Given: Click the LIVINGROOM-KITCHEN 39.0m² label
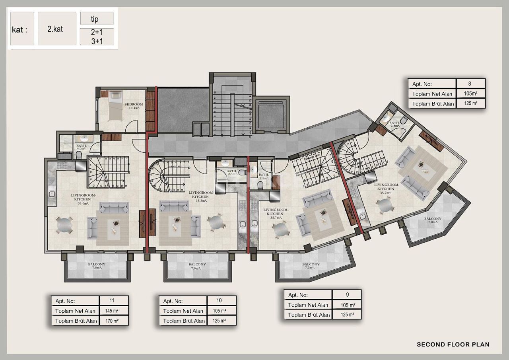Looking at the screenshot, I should click(x=80, y=199).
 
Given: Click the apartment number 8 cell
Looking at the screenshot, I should click(x=471, y=84).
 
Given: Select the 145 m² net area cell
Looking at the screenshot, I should click(x=113, y=311).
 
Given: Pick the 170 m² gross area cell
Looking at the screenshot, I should click(x=113, y=321).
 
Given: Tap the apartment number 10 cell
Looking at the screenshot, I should click(x=221, y=301).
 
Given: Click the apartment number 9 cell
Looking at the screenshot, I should click(x=346, y=295).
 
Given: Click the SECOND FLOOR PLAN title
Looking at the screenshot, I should click(x=453, y=344).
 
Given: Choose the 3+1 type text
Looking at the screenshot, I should click(x=97, y=41).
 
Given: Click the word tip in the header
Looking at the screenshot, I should click(x=95, y=19).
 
